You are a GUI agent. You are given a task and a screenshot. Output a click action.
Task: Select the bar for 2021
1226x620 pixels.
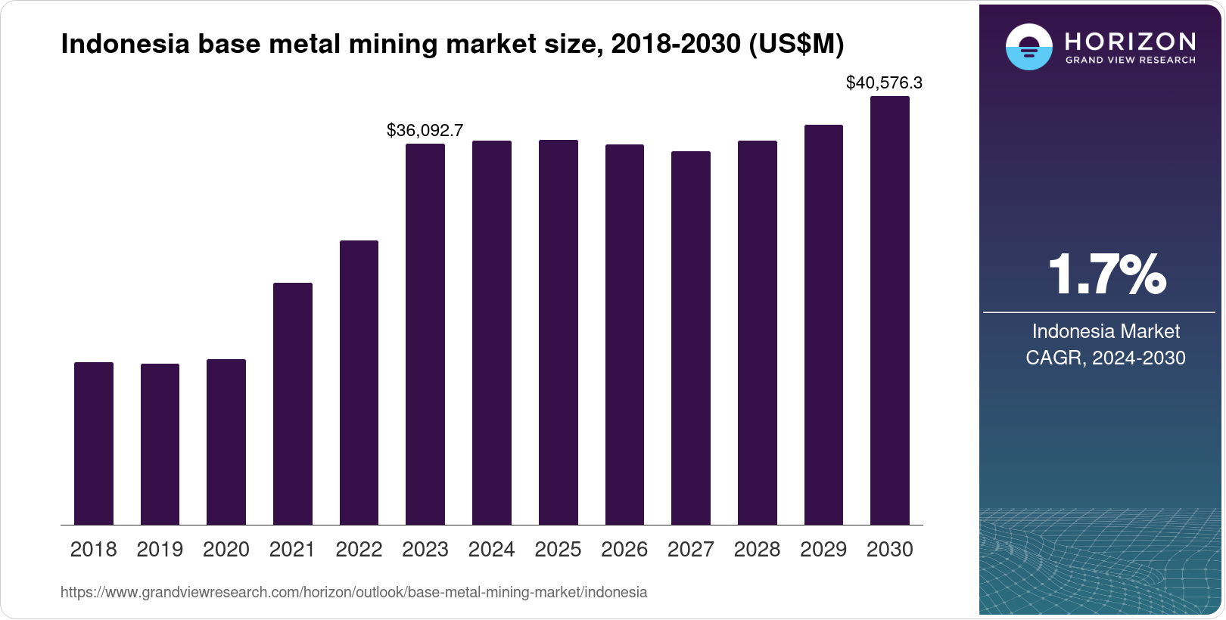pos(293,404)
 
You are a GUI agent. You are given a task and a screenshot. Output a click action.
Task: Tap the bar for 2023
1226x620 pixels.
pos(425,334)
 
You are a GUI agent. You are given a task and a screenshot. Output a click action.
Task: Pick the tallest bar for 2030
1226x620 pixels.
pos(890,310)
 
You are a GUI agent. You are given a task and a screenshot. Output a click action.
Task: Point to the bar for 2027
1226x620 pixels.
pos(691,338)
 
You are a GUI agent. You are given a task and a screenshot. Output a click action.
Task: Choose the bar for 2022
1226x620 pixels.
pos(359,383)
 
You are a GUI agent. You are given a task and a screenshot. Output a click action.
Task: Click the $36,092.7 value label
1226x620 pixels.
pos(425,130)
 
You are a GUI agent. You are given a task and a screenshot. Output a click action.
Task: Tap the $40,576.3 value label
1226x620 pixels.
pos(884,82)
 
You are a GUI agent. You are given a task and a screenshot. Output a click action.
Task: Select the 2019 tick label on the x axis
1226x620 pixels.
pos(160,550)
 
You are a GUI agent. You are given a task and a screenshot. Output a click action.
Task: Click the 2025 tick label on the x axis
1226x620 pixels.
pos(558,550)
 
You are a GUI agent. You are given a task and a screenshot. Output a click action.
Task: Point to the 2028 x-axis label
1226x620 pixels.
pos(757,550)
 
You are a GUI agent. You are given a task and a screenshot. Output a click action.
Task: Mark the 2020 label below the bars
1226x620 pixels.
pos(226,550)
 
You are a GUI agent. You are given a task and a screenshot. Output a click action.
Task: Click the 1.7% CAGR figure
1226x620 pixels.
pos(1106,274)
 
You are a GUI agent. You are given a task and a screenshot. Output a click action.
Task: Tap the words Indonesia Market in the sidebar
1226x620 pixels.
pos(1106,331)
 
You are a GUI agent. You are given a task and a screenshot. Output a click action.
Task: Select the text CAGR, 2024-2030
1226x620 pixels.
pos(1106,358)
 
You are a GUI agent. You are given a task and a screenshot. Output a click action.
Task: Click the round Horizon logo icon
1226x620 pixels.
pos(1028,47)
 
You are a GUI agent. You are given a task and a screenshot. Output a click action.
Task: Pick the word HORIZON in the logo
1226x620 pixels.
pos(1130,41)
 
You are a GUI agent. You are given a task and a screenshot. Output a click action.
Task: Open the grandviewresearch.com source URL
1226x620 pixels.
pos(353,592)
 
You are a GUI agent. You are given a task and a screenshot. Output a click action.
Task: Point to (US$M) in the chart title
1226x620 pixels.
pos(795,44)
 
